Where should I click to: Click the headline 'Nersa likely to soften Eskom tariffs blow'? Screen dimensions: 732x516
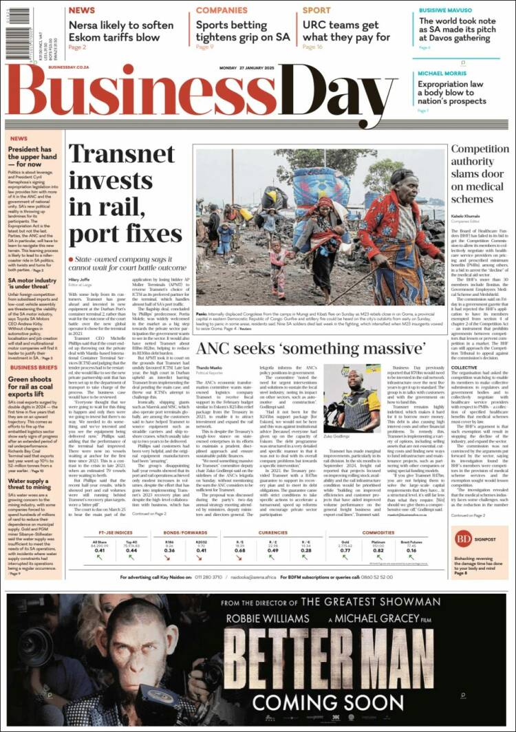pos(120,31)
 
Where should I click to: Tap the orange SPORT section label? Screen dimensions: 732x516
pos(316,10)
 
